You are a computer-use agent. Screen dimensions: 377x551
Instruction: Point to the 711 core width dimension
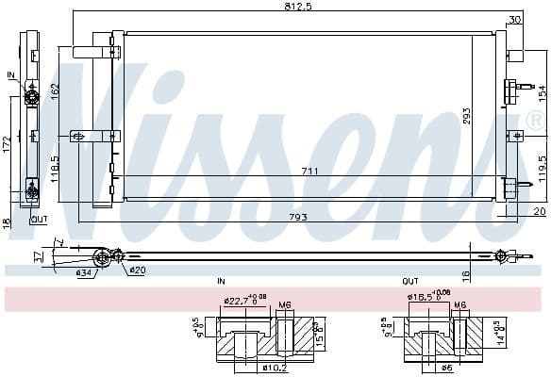(309, 171)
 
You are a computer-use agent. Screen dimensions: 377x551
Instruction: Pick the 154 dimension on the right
(543, 93)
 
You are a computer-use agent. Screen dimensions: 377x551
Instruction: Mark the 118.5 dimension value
(56, 168)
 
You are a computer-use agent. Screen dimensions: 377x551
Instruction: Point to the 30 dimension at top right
(514, 19)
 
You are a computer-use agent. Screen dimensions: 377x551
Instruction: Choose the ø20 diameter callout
(137, 270)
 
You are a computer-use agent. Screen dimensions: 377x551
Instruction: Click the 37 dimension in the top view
(38, 254)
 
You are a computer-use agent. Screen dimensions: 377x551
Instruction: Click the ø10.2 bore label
(249, 368)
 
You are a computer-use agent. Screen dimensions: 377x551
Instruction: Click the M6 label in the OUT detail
(460, 304)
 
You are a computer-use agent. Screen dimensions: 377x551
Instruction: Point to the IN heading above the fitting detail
(221, 282)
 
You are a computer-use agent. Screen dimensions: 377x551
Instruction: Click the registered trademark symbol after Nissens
(535, 121)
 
